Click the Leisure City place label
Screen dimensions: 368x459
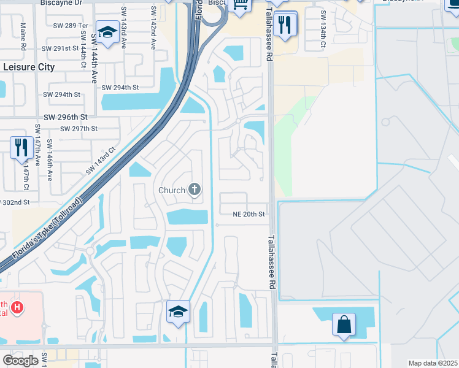pos(29,67)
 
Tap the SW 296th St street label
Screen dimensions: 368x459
pos(66,116)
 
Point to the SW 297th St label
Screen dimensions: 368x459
pos(79,128)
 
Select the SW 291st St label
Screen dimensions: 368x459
pos(61,48)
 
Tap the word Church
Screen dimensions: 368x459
pos(172,190)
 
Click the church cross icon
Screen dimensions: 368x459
pos(195,190)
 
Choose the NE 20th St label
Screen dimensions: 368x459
pos(248,214)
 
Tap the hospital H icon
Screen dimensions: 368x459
pos(18,307)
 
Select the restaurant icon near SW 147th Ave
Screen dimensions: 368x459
pos(21,147)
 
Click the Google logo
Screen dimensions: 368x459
pos(20,361)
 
